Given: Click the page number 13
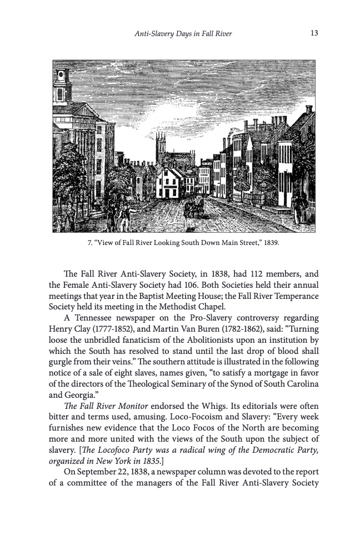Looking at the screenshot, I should [x=314, y=33].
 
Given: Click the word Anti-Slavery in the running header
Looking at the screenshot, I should [x=154, y=34].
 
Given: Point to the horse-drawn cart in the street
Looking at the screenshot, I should [x=194, y=208].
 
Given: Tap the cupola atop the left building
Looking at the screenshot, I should [x=62, y=83].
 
